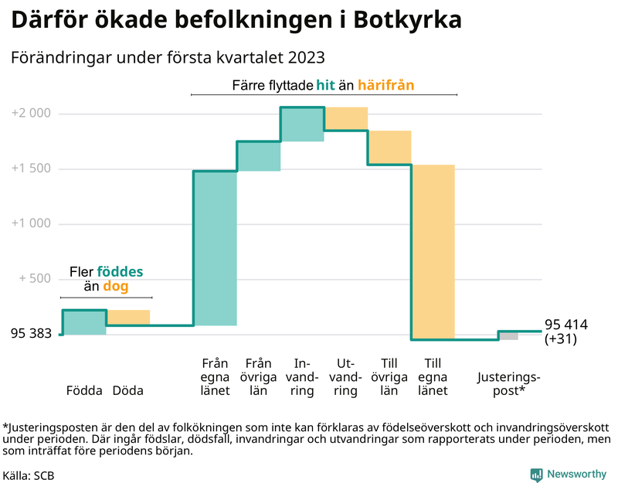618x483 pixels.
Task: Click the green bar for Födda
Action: [x=84, y=322]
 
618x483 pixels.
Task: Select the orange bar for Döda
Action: [x=128, y=318]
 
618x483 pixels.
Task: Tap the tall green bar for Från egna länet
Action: [x=215, y=248]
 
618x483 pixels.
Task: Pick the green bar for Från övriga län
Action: [x=258, y=156]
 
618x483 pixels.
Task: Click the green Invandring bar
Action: [x=302, y=124]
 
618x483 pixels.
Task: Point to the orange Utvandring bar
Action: [x=346, y=119]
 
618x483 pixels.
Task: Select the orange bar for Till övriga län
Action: [x=389, y=148]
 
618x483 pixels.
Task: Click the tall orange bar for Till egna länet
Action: [x=433, y=252]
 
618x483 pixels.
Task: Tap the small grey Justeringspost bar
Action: [x=508, y=335]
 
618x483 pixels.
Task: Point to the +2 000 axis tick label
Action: [x=31, y=114]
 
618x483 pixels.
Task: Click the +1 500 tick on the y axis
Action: [x=31, y=169]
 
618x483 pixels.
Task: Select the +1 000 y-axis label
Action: [x=31, y=224]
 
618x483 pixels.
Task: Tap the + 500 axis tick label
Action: [x=33, y=279]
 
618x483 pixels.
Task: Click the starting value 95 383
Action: [x=32, y=335]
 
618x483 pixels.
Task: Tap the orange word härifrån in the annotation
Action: [x=386, y=85]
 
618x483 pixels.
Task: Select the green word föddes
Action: [x=120, y=272]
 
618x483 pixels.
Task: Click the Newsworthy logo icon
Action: [x=536, y=474]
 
